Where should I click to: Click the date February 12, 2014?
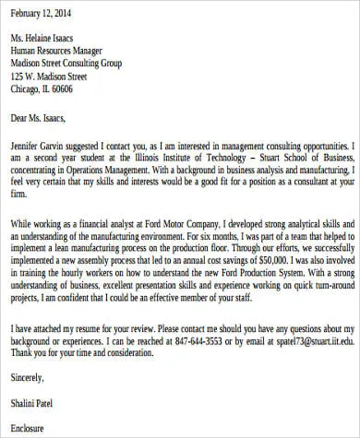tap(42, 15)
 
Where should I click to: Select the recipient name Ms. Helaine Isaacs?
tap(46, 39)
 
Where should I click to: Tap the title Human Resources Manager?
tap(63, 52)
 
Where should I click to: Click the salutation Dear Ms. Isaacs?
tap(45, 117)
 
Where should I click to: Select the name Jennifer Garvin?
tap(42, 147)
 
